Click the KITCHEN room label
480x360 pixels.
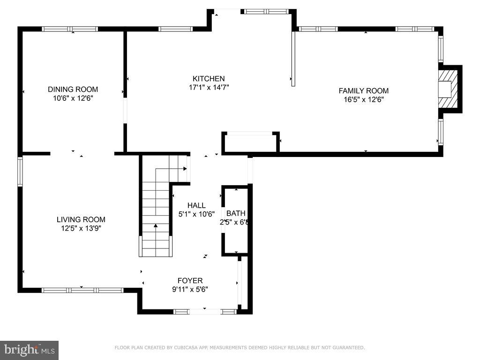click(209, 79)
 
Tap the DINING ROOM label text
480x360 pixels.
click(73, 90)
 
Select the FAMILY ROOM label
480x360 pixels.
click(363, 91)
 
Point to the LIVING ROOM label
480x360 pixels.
click(81, 219)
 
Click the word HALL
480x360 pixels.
click(196, 205)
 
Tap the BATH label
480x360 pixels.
click(236, 214)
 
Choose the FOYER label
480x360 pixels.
click(190, 281)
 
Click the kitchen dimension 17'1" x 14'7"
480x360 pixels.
click(209, 87)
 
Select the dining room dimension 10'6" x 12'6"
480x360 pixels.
click(73, 98)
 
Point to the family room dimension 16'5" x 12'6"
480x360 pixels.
click(363, 99)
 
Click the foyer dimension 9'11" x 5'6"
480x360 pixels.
click(190, 290)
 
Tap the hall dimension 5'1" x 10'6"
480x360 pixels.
click(196, 214)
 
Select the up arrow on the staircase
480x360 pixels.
click(156, 227)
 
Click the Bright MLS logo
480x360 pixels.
click(29, 350)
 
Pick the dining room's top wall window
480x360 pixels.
click(70, 29)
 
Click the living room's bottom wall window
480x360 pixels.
click(82, 290)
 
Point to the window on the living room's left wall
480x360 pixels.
click(20, 172)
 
